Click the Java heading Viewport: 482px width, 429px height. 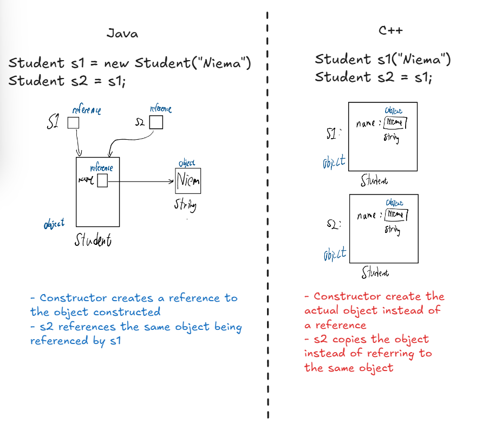point(122,34)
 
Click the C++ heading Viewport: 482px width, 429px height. point(390,31)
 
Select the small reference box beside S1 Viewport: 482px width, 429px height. point(73,123)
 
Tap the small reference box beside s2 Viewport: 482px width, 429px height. point(155,123)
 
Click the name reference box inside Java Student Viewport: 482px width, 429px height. point(102,181)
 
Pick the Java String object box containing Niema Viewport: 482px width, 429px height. point(188,181)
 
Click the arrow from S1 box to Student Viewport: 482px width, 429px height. point(77,142)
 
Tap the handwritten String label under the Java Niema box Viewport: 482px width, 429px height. point(185,205)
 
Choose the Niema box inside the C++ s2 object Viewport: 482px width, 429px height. point(394,215)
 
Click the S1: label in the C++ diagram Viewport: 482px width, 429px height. point(332,134)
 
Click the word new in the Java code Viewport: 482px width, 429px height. point(116,63)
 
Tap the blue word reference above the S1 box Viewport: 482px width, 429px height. point(86,110)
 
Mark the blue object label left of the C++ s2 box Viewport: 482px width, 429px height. point(334,253)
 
